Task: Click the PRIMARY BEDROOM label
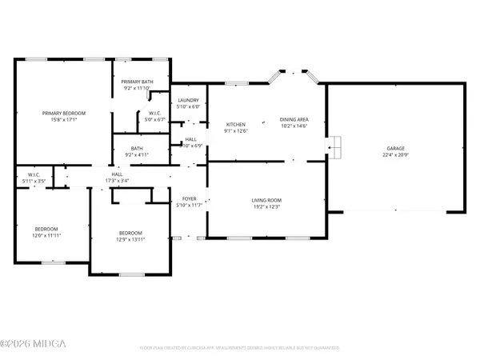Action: point(64,113)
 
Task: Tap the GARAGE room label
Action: point(395,148)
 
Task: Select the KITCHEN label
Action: point(235,125)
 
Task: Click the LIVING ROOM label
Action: point(267,200)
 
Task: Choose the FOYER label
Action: point(189,199)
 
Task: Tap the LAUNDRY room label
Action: point(188,100)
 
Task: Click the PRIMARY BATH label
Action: point(138,82)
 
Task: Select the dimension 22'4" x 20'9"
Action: point(395,154)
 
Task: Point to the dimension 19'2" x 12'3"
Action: point(267,207)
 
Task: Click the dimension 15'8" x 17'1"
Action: point(64,120)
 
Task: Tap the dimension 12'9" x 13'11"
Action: point(130,238)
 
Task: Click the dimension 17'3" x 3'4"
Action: point(117,180)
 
